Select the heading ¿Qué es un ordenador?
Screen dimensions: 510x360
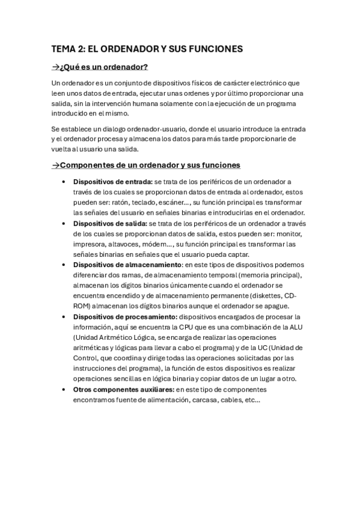pyautogui.click(x=104, y=67)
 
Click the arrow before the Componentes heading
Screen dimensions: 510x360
pyautogui.click(x=56, y=165)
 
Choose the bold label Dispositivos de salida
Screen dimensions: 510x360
pyautogui.click(x=110, y=224)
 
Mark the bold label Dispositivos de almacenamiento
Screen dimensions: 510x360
pyautogui.click(x=126, y=265)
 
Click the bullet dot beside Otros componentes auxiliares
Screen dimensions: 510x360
pyautogui.click(x=64, y=390)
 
